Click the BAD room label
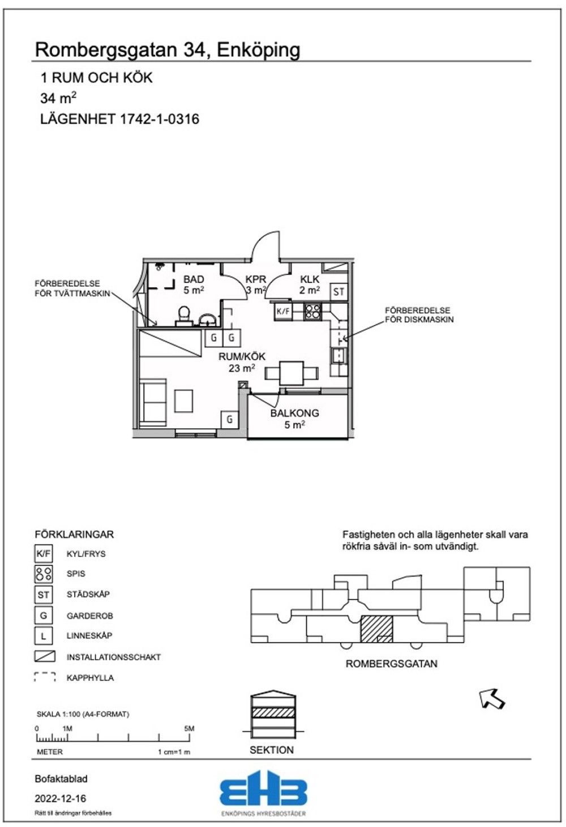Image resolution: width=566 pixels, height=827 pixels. [194, 279]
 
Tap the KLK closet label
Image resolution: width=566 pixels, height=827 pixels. [310, 279]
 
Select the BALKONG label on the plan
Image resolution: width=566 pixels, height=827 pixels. [294, 413]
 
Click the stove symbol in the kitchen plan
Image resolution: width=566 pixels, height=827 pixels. [312, 312]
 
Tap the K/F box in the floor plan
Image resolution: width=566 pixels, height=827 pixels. [284, 311]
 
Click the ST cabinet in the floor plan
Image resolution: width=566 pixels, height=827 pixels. [338, 292]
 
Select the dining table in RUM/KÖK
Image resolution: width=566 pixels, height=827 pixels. [291, 373]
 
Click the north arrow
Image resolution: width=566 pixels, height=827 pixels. [492, 698]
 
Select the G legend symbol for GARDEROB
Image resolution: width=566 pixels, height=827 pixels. [43, 615]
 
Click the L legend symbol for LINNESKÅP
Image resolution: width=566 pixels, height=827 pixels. [43, 636]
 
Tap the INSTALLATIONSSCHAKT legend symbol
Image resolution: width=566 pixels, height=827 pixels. [45, 656]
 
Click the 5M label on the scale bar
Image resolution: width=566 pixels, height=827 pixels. [189, 729]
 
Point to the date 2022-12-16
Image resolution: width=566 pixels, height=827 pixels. [61, 799]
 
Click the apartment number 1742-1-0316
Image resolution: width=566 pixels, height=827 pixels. [160, 119]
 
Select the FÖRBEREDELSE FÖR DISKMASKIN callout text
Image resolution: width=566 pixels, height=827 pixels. [419, 315]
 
